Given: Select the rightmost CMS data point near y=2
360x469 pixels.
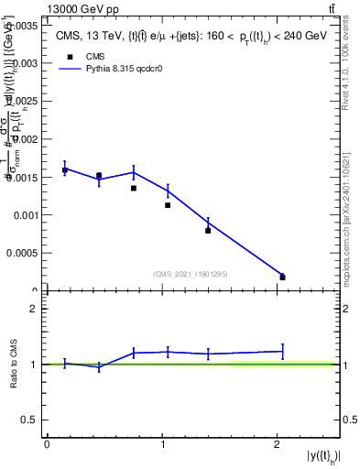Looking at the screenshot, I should (x=282, y=277).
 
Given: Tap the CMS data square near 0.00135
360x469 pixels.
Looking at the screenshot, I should (x=134, y=188).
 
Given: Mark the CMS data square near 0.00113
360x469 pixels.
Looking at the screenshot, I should (x=168, y=205).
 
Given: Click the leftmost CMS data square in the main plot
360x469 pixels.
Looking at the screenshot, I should (x=65, y=170).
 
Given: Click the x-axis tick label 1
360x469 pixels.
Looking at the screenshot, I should (x=162, y=444).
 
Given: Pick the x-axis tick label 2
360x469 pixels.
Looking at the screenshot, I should (x=277, y=444).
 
